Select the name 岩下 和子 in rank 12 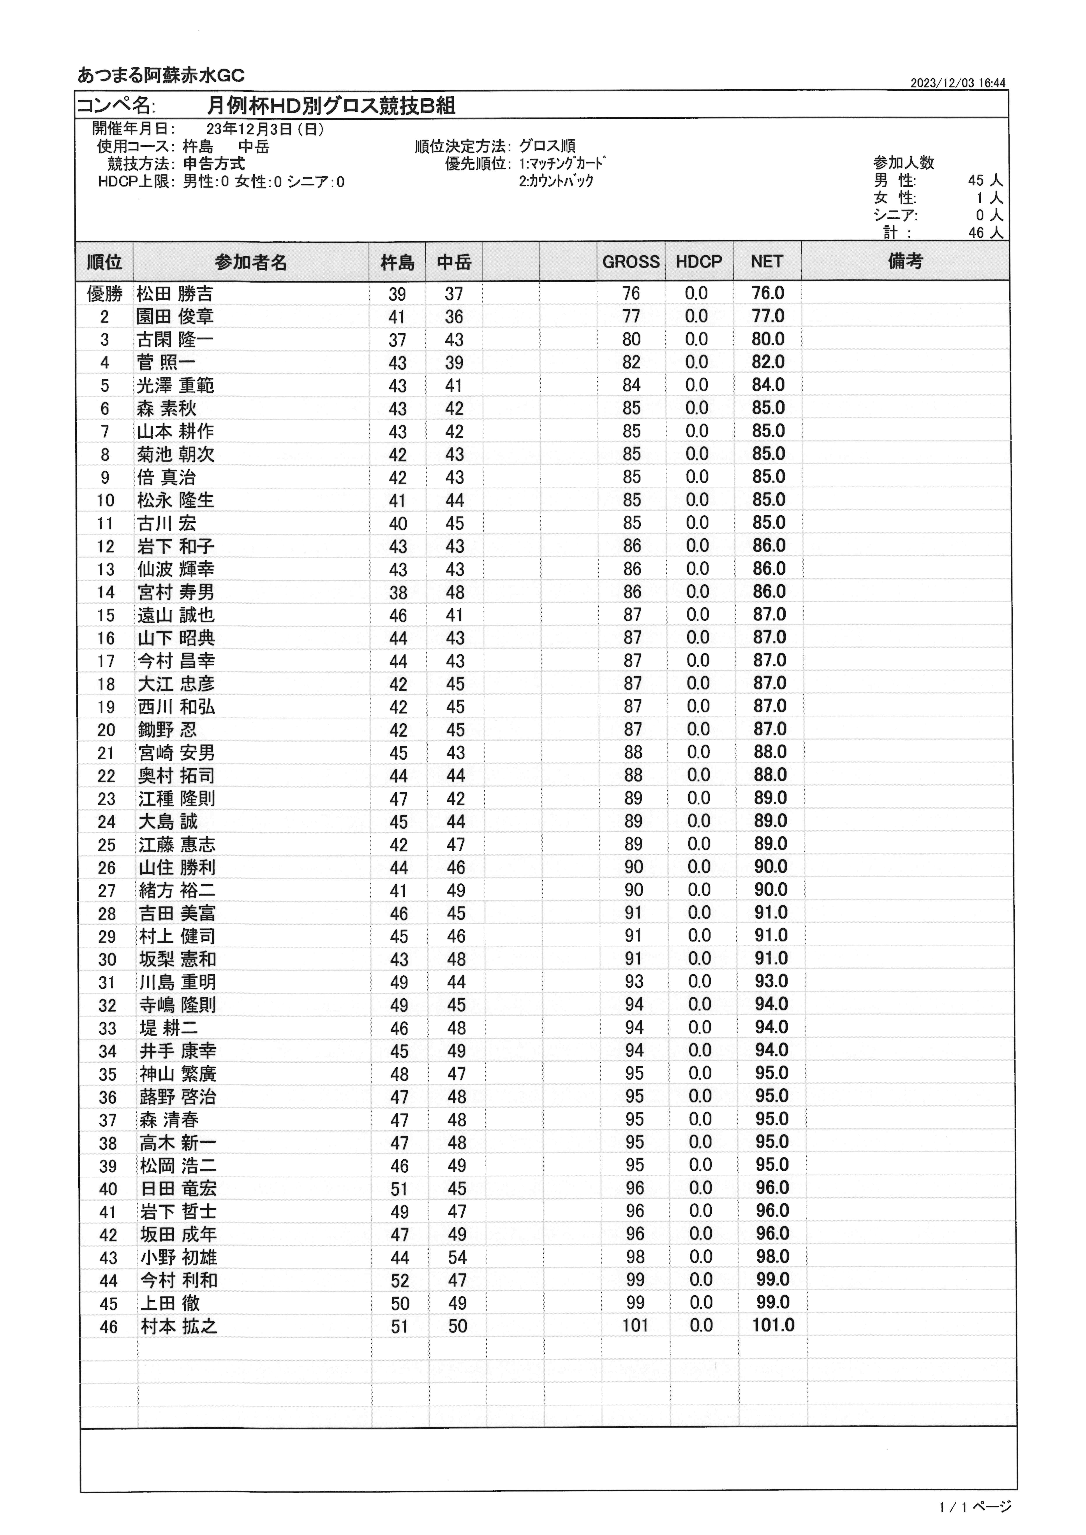176,546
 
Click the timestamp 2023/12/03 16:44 958,83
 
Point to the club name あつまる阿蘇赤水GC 161,75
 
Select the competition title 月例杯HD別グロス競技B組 331,106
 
